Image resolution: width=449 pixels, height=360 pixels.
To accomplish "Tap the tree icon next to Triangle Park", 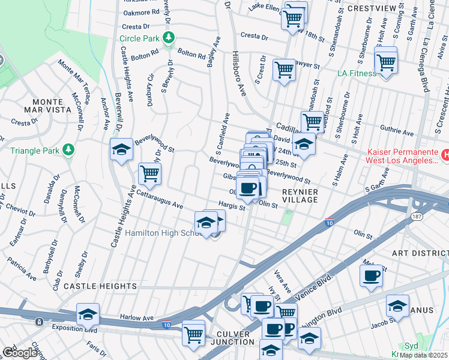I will coord(70,149).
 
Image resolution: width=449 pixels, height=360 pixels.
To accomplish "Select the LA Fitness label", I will coord(357,74).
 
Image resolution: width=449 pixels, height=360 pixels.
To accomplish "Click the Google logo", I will coord(20,353).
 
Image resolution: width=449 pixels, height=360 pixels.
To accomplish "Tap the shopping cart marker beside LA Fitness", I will coord(385,61).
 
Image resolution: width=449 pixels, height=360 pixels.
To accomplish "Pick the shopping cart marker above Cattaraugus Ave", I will coord(149,175).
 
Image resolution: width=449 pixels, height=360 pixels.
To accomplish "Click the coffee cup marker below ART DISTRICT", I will coord(371,276).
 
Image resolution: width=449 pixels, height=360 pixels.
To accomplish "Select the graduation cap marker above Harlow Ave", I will coord(88,314).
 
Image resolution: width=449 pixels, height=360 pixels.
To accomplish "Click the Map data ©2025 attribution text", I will coord(424,355).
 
